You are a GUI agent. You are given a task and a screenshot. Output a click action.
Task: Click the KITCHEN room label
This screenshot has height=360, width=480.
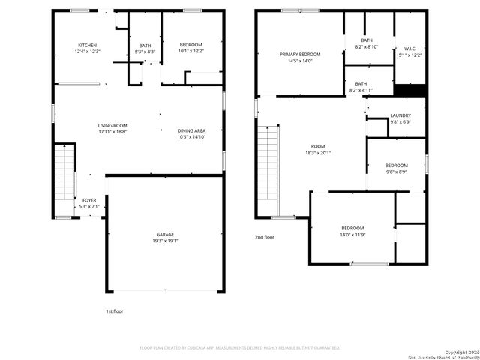(88, 45)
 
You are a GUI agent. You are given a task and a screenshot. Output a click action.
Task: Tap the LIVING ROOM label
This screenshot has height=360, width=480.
(112, 125)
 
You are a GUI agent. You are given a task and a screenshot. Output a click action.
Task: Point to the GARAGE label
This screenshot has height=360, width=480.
(165, 234)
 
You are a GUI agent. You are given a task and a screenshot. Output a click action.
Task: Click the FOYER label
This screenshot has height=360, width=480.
(89, 200)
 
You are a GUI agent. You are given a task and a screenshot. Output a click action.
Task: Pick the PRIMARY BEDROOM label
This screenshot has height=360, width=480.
(300, 55)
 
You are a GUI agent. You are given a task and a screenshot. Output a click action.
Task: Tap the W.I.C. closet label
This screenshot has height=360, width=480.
(411, 49)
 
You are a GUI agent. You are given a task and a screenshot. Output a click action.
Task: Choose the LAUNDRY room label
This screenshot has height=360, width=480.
(400, 115)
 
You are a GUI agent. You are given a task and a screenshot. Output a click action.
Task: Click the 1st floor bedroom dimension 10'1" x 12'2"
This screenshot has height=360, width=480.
(190, 52)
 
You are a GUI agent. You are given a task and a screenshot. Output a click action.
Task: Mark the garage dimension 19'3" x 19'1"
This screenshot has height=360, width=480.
(165, 241)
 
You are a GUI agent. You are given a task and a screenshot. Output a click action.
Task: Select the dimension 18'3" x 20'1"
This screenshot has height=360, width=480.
(319, 153)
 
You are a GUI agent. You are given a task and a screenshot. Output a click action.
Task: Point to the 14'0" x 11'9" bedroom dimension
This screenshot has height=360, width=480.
(352, 235)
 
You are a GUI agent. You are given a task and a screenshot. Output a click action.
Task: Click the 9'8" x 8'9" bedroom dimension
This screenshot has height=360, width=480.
(397, 172)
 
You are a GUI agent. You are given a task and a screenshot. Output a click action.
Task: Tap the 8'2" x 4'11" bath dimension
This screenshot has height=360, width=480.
(361, 91)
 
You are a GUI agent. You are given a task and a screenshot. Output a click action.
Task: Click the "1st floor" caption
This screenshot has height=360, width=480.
(114, 310)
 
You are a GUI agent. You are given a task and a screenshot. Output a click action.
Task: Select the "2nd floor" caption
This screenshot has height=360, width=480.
(265, 237)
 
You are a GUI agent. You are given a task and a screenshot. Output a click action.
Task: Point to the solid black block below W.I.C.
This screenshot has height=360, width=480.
(410, 91)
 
